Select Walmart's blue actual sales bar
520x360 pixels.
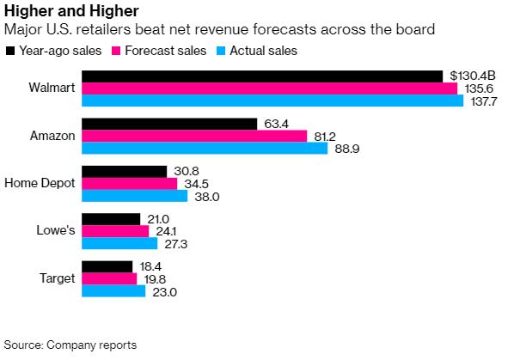272,101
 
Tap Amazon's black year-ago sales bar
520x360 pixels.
168,124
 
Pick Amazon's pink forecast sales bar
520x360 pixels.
193,136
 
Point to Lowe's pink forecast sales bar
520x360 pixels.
114,231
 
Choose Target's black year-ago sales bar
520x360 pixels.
107,267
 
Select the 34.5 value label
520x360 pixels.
193,184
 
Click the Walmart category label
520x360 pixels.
52,88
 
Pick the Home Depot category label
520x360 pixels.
40,184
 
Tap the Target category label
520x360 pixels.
58,279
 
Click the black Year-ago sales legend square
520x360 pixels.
10,51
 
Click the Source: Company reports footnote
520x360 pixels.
70,345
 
